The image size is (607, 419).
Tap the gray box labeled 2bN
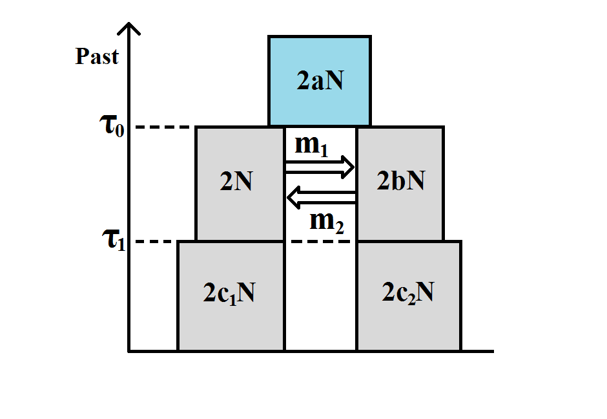click(x=400, y=213)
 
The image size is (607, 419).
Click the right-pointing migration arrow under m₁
click(x=320, y=167)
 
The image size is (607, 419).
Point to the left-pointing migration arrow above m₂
click(x=321, y=198)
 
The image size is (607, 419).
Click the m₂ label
click(x=327, y=222)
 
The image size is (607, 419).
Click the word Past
click(x=97, y=57)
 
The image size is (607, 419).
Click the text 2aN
click(x=319, y=81)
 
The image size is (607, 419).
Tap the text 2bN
click(x=400, y=182)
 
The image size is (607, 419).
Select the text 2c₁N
click(x=229, y=294)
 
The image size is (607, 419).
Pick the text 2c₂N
click(x=407, y=294)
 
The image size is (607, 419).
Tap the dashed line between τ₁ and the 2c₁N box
click(x=158, y=242)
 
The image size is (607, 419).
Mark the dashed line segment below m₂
click(x=320, y=242)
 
